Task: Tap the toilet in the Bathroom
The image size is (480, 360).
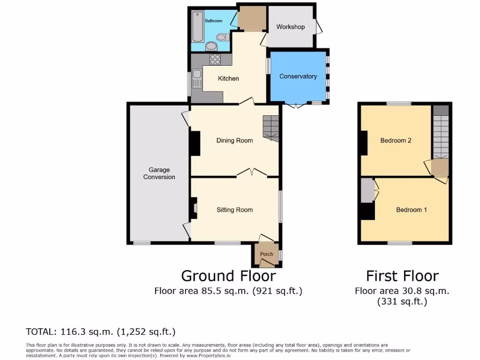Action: pos(221,37)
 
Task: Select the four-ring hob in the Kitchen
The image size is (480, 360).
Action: pos(215,59)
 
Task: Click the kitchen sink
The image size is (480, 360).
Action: pos(196,75)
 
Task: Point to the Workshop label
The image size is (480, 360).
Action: pos(290,27)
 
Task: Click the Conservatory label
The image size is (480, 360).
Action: pos(298,76)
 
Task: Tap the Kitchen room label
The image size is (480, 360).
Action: pos(228,79)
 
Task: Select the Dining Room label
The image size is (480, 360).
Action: pos(234,141)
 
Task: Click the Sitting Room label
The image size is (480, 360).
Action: pos(234,210)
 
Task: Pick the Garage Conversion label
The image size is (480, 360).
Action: pos(159,173)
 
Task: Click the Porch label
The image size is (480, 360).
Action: pos(266,255)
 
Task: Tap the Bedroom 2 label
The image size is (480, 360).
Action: pos(396,141)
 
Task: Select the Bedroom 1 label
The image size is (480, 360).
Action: pos(411,210)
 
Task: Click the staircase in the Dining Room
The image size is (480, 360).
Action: pos(270,128)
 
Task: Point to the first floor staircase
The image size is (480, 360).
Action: pos(440,136)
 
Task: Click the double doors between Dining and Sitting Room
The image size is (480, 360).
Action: pos(252,173)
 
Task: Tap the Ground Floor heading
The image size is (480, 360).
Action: pos(228,276)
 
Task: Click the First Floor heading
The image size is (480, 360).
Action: pos(402,276)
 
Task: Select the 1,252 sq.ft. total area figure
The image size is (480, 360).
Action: pos(149,332)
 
